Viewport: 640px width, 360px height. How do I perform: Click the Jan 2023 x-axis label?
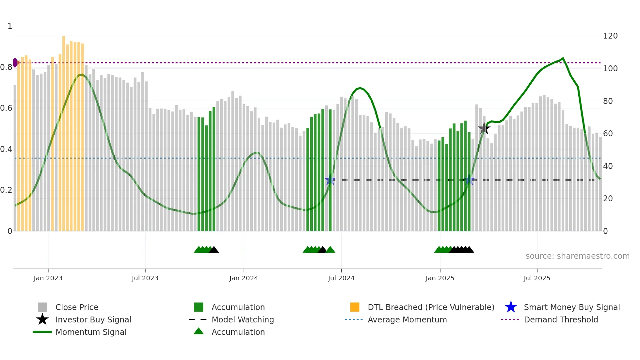[48, 278]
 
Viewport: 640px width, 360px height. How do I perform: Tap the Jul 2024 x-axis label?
[341, 278]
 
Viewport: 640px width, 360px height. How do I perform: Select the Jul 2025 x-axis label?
[537, 278]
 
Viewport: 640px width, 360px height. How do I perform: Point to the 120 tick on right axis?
[610, 36]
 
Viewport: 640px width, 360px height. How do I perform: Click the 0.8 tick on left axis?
[6, 67]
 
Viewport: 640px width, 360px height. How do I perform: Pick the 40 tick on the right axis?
[608, 166]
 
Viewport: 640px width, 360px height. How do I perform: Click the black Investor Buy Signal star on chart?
[484, 128]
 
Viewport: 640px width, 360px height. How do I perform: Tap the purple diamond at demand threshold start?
[15, 63]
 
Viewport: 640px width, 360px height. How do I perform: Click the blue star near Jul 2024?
[330, 180]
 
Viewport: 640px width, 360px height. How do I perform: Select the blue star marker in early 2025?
[470, 180]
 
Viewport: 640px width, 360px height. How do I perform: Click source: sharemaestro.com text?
[577, 256]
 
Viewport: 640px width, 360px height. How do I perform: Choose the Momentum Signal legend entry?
[91, 332]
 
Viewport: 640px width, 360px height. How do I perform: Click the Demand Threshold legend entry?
[561, 319]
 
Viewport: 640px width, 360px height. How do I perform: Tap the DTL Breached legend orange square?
[355, 307]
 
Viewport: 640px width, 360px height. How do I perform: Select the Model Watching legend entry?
[243, 319]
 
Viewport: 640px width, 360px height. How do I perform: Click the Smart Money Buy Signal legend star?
[511, 307]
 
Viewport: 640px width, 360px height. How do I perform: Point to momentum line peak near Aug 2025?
[563, 58]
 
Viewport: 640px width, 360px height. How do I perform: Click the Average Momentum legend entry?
[407, 319]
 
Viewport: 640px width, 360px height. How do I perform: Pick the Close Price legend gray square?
[42, 307]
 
